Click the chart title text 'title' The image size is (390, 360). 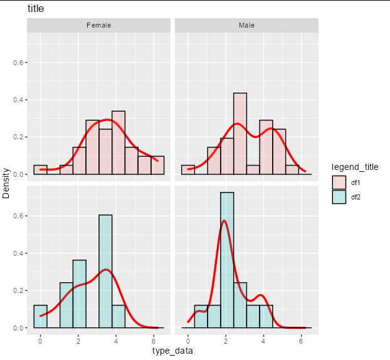[36, 9]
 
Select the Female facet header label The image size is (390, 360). [98, 25]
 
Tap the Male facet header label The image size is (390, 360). [247, 25]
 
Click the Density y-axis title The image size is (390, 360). [6, 183]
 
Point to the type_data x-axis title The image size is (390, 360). [172, 351]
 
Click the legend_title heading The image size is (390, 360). [355, 167]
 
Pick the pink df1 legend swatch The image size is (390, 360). [339, 183]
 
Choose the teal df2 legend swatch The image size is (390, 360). [339, 197]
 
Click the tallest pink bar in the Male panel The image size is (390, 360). [240, 134]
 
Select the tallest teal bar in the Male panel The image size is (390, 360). [227, 260]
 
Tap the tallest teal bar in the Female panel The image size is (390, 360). [105, 272]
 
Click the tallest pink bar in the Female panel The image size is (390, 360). [119, 143]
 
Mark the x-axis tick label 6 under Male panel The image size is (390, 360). [301, 341]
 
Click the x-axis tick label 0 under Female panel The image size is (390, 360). [40, 341]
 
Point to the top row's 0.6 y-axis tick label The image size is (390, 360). [18, 63]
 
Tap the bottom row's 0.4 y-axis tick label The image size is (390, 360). [18, 253]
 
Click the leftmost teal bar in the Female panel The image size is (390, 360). [41, 317]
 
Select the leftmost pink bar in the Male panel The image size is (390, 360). [188, 170]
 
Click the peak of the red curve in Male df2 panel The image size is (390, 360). [224, 221]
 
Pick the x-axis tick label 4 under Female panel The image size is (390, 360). [116, 341]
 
